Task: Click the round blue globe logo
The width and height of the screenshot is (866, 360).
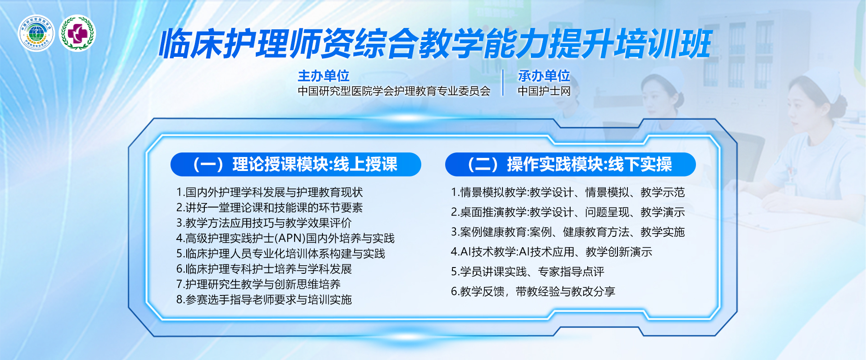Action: coord(37,33)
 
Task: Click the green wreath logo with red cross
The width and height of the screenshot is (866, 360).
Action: coord(78,33)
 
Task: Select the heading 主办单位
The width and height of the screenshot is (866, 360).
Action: coord(323,75)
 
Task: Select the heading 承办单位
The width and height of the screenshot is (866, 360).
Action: coord(544,75)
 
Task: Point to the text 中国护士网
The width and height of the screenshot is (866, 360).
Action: coord(544,91)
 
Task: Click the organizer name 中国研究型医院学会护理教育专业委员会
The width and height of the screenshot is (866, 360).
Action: coord(394,91)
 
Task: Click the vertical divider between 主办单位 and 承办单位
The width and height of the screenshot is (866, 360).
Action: coord(503,83)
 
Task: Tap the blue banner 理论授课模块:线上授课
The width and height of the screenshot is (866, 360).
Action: coord(296,164)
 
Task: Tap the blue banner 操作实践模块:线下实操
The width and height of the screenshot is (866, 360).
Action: coord(570,164)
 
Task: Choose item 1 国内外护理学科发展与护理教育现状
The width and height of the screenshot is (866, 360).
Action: coord(269,192)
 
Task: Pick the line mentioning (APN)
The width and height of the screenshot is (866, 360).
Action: coord(285,238)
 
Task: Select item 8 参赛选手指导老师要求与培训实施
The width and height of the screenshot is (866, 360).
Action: coord(264,300)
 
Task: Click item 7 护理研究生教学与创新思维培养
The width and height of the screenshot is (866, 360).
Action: coord(258,284)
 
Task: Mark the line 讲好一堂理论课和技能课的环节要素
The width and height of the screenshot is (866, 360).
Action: coord(269,208)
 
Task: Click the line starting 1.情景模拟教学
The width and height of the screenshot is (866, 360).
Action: coord(568,192)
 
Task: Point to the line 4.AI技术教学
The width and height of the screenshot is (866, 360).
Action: coord(552,252)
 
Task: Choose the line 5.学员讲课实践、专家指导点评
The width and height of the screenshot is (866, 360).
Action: coord(527,272)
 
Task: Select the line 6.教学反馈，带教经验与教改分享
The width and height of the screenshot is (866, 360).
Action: coord(533,291)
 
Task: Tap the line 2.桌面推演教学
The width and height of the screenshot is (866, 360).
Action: coord(568,212)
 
